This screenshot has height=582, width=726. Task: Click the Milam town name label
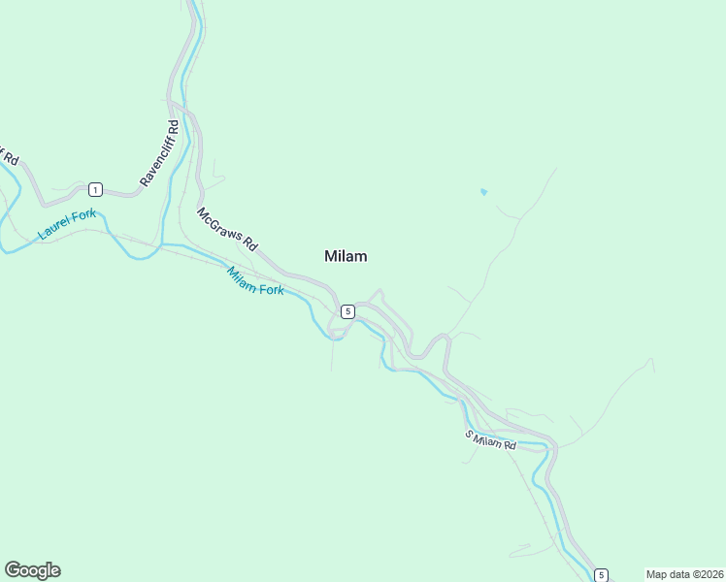pos(346,256)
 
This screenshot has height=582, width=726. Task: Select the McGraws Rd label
pos(226,228)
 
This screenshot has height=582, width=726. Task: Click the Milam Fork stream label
pos(255,280)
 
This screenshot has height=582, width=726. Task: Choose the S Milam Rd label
pos(490,438)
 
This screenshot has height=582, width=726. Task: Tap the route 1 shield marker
pos(95,188)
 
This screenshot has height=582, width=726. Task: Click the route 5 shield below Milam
pos(347,310)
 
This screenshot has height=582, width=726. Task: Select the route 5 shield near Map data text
pos(601,574)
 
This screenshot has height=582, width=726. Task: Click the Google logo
pos(32,570)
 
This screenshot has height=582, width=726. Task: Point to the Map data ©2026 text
pos(684,574)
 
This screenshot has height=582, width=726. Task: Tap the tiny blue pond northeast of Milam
pos(483,191)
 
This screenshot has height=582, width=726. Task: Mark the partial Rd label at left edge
pos(9,155)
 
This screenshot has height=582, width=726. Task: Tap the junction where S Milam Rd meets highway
pos(549,448)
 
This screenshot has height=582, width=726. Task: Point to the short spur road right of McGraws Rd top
pos(215,179)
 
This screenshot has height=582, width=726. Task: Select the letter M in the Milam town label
pos(330,256)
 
